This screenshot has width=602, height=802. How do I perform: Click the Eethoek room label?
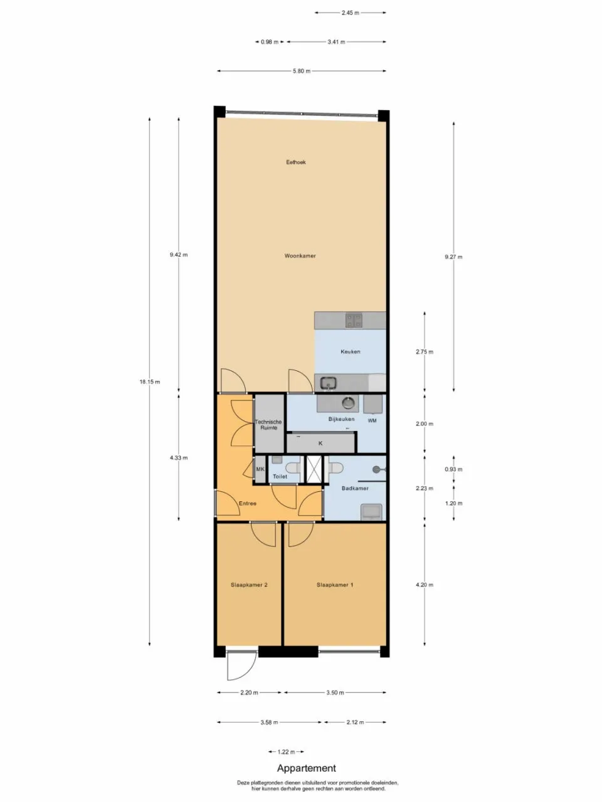click(x=296, y=162)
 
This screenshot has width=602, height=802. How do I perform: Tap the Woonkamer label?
click(x=300, y=256)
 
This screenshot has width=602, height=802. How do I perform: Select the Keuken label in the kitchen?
click(x=350, y=352)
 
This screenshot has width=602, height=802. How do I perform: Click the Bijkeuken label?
click(x=341, y=419)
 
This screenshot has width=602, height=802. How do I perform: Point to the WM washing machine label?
click(x=372, y=421)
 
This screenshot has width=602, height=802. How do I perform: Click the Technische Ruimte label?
click(x=268, y=425)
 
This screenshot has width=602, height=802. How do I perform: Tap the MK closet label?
click(x=260, y=469)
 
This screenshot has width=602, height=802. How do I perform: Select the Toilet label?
click(x=280, y=477)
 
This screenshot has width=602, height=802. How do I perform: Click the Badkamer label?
click(x=355, y=488)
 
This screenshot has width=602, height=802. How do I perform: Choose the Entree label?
click(x=247, y=503)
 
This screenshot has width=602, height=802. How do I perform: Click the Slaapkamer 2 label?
click(x=249, y=585)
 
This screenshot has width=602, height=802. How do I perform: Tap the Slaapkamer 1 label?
click(x=335, y=585)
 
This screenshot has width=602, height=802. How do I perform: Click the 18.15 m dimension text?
click(x=149, y=382)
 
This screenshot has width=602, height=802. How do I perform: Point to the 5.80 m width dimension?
click(x=301, y=71)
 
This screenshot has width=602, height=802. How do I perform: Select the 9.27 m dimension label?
click(x=453, y=257)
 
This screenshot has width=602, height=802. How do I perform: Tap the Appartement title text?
click(x=307, y=768)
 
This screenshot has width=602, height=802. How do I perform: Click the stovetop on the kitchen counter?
click(x=354, y=321)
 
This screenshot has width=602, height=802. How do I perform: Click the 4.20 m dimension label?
click(x=425, y=585)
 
